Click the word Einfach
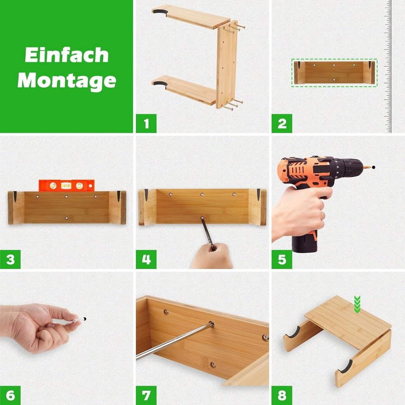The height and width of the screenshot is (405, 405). point(67,55)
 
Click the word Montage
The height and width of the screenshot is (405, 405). point(67,81)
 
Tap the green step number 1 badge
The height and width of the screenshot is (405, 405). point(146,123)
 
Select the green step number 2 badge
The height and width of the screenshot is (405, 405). point(282,123)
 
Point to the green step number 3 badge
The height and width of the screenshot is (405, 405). point(10,259)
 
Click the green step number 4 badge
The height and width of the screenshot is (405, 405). point(146,259)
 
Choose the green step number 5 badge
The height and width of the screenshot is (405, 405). point(282,259)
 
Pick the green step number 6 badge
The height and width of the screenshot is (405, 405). point(10,396)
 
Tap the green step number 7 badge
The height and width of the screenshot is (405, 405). point(146,396)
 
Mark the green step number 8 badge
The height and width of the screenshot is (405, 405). point(282,396)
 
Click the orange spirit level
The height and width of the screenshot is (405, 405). point(67,185)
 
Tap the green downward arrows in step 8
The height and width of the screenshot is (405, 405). point(357,305)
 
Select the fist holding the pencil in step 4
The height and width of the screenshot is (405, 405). point(212,256)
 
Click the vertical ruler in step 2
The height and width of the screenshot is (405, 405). point(388,67)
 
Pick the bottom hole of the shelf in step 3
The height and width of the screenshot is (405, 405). point(67,218)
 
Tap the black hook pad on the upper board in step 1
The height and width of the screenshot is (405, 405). point(160,13)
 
